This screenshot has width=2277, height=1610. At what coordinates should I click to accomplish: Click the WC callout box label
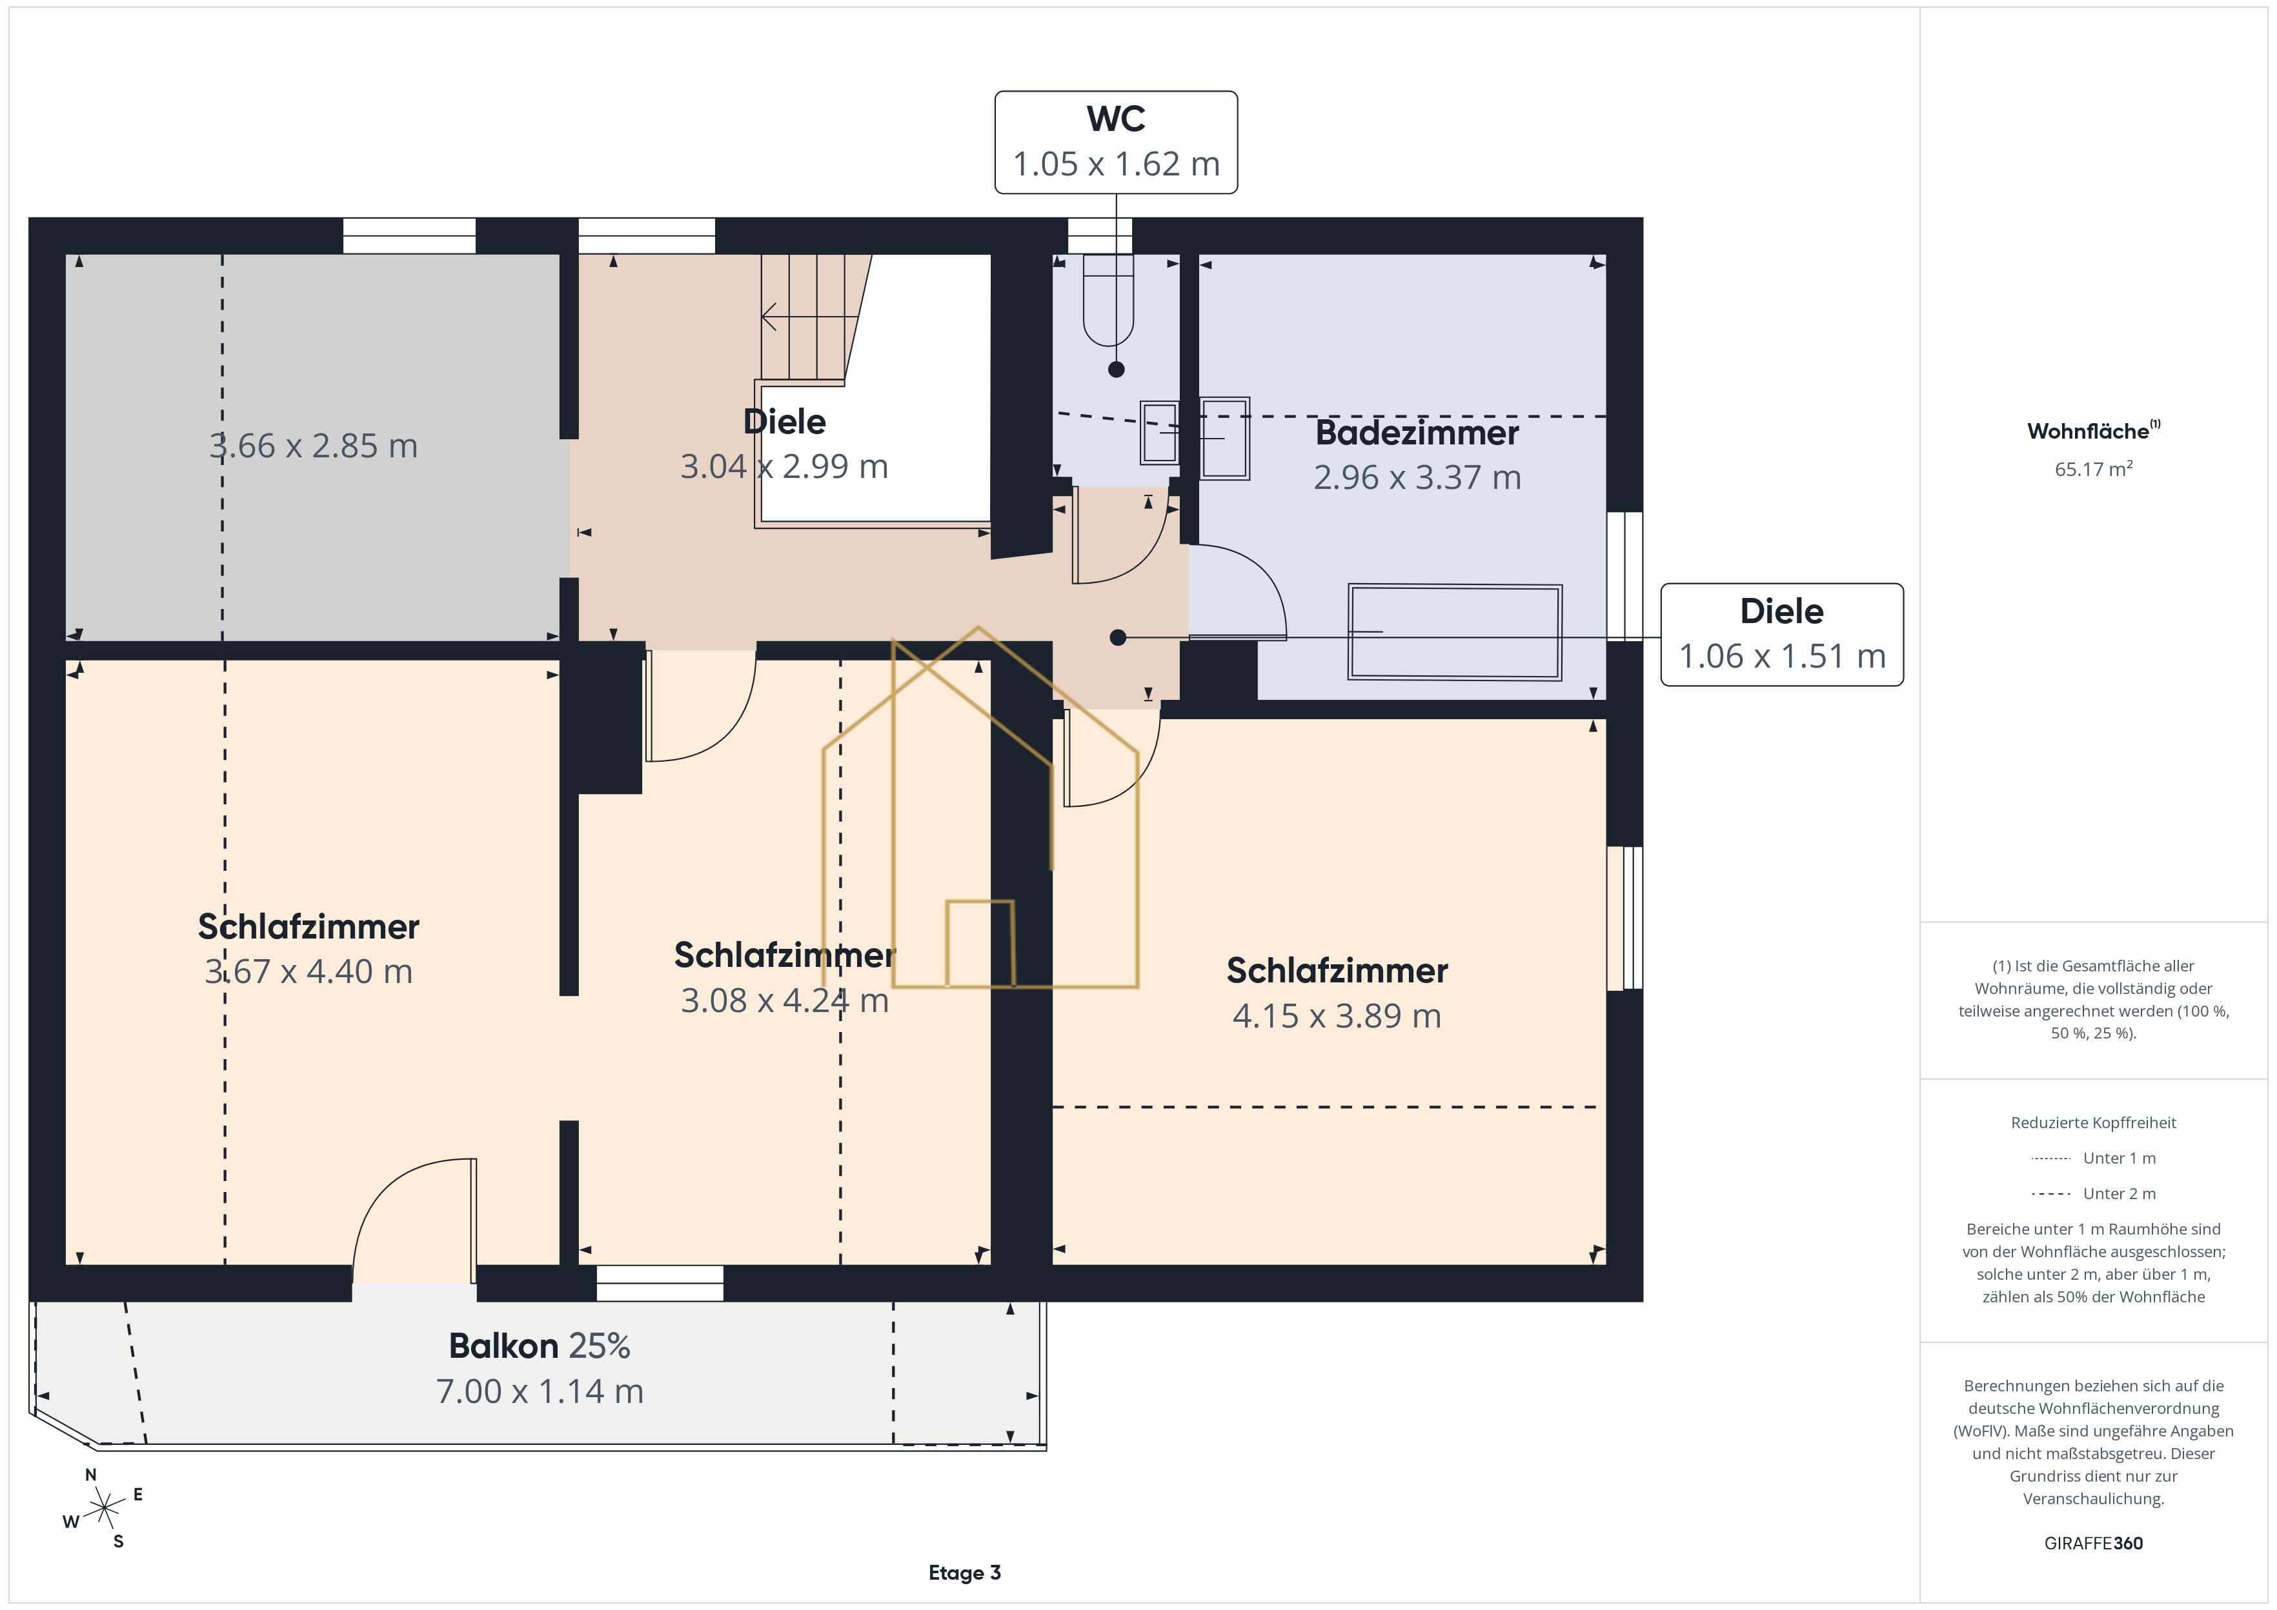1116,119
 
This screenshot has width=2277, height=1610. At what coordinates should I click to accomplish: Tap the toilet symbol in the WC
1108,299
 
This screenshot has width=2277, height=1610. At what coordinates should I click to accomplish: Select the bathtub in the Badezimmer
1455,631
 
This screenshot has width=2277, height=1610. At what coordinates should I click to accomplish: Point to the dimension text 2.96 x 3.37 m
1417,478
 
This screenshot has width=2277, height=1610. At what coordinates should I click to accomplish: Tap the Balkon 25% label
540,1346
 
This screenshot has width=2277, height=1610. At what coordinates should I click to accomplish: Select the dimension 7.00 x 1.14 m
540,1391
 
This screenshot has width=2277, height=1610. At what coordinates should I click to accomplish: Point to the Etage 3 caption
964,1573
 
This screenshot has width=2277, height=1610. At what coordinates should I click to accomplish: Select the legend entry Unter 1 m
2092,1158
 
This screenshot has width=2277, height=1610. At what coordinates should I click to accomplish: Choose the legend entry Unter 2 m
2092,1193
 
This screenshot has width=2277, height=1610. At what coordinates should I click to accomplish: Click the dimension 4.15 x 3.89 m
1337,1016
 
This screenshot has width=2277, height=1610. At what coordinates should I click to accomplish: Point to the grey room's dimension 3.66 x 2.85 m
314,446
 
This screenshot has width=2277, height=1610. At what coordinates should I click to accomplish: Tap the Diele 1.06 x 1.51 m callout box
1781,635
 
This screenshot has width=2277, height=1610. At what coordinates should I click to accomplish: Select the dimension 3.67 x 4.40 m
309,971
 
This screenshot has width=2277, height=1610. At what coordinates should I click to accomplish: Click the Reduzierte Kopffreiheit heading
2092,1122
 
